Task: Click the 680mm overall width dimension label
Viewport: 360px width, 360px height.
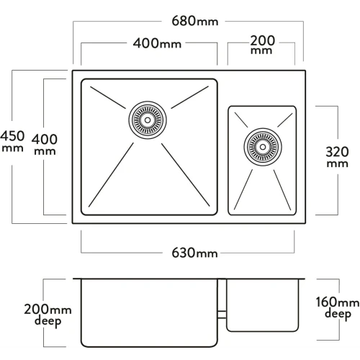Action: (195, 21)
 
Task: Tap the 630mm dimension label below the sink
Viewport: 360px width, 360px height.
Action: (194, 253)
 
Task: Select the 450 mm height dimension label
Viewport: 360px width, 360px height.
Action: (12, 141)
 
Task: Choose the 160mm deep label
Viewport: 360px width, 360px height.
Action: (338, 308)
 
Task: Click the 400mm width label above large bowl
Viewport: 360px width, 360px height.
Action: (157, 43)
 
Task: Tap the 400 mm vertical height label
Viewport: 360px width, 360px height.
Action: (45, 145)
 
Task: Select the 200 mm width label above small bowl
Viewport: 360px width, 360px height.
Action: (262, 45)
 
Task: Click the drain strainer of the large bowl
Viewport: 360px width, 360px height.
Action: (148, 120)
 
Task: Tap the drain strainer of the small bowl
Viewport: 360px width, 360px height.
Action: (263, 147)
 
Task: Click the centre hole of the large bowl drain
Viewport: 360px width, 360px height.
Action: (148, 120)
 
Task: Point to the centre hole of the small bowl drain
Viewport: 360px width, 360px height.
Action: (263, 147)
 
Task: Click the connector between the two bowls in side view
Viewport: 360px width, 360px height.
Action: (222, 315)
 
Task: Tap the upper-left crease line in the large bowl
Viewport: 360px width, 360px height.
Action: (108, 97)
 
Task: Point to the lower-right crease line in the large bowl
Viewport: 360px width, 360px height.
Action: (186, 175)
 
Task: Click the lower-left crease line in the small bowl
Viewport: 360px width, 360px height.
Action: (243, 189)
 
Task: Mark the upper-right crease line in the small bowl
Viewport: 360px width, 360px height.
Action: (285, 120)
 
